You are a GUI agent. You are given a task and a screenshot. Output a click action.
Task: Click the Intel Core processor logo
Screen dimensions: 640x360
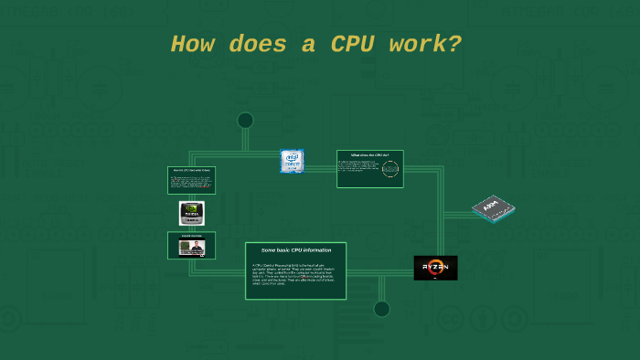pos(292,162)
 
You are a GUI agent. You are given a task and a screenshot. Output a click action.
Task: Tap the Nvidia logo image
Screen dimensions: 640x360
pos(192,214)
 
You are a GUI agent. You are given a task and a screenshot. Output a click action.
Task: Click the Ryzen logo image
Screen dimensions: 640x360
pos(435,268)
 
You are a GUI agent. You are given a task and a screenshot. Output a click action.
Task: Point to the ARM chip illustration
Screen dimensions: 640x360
pos(493,209)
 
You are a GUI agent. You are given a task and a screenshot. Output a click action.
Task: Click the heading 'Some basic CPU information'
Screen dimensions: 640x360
pos(295,250)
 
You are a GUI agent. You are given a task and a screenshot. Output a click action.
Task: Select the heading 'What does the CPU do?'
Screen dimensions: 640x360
pos(369,155)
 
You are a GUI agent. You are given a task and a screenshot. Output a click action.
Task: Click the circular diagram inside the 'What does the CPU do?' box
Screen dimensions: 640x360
pos(390,170)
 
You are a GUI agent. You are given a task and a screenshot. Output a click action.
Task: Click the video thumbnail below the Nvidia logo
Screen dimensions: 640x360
pos(192,246)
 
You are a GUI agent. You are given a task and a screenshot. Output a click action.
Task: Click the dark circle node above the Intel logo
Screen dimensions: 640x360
pos(245,121)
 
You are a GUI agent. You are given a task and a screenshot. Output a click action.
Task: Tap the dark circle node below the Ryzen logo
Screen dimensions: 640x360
pos(381,309)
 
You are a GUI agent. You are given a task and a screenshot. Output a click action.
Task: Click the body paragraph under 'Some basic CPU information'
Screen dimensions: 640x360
pos(294,274)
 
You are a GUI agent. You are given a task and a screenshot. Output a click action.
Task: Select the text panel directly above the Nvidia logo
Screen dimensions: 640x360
pos(191,180)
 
